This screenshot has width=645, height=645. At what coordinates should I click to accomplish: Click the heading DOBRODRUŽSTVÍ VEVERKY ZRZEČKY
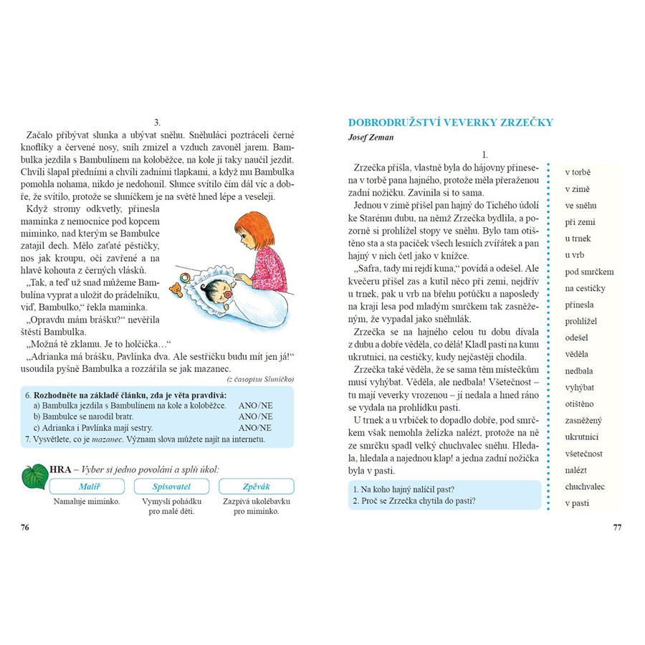[x=450, y=123]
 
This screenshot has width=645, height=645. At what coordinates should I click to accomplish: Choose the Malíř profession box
[x=88, y=487]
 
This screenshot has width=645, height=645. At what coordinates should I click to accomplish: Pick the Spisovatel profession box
[x=173, y=487]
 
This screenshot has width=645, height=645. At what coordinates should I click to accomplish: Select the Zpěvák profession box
[x=256, y=487]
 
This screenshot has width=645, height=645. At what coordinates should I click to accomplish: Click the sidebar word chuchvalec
[x=585, y=487]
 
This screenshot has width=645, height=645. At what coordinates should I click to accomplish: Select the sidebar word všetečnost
[x=584, y=454]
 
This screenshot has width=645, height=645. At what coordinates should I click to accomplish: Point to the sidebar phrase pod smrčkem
[x=589, y=272]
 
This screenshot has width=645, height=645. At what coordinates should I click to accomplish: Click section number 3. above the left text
[x=157, y=123]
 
